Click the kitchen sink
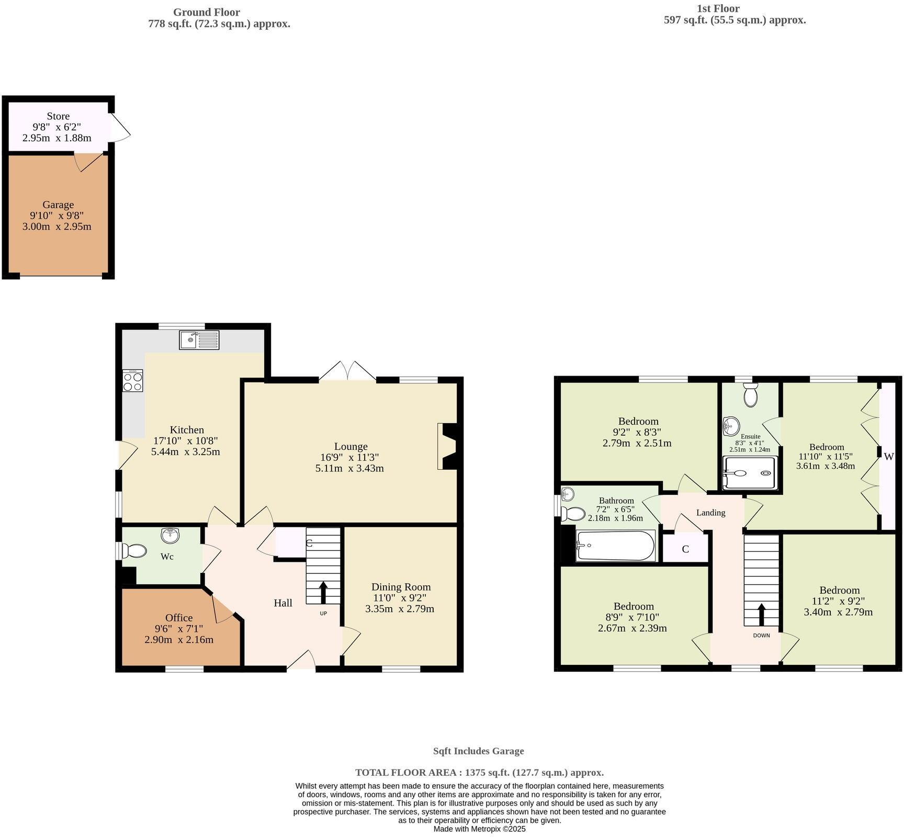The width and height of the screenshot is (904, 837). pos(199,340)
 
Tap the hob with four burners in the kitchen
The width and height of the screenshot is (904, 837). pos(133,380)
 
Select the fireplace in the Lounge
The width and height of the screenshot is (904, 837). pos(449,446)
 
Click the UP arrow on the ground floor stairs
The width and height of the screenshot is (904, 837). pos(323,592)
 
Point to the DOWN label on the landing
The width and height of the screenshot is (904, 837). pos(761,636)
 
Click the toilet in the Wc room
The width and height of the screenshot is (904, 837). pos(135,551)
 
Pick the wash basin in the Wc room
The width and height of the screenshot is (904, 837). pos(170,535)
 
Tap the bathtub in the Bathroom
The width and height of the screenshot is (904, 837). pos(615,546)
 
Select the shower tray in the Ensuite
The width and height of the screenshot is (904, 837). pos(750,473)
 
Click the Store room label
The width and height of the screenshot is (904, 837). pos(58,116)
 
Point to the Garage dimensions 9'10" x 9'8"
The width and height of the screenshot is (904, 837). pos(57,216)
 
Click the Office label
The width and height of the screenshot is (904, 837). pos(179,618)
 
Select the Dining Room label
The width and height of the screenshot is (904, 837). pos(401,587)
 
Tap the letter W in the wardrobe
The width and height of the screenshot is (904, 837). pos(889,457)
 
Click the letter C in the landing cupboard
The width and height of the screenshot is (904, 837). pos(685,549)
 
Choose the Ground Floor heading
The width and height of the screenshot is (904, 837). pos(206,12)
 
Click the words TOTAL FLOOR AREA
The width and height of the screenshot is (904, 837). pos(408,773)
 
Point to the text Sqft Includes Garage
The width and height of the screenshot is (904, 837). pos(478,751)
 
